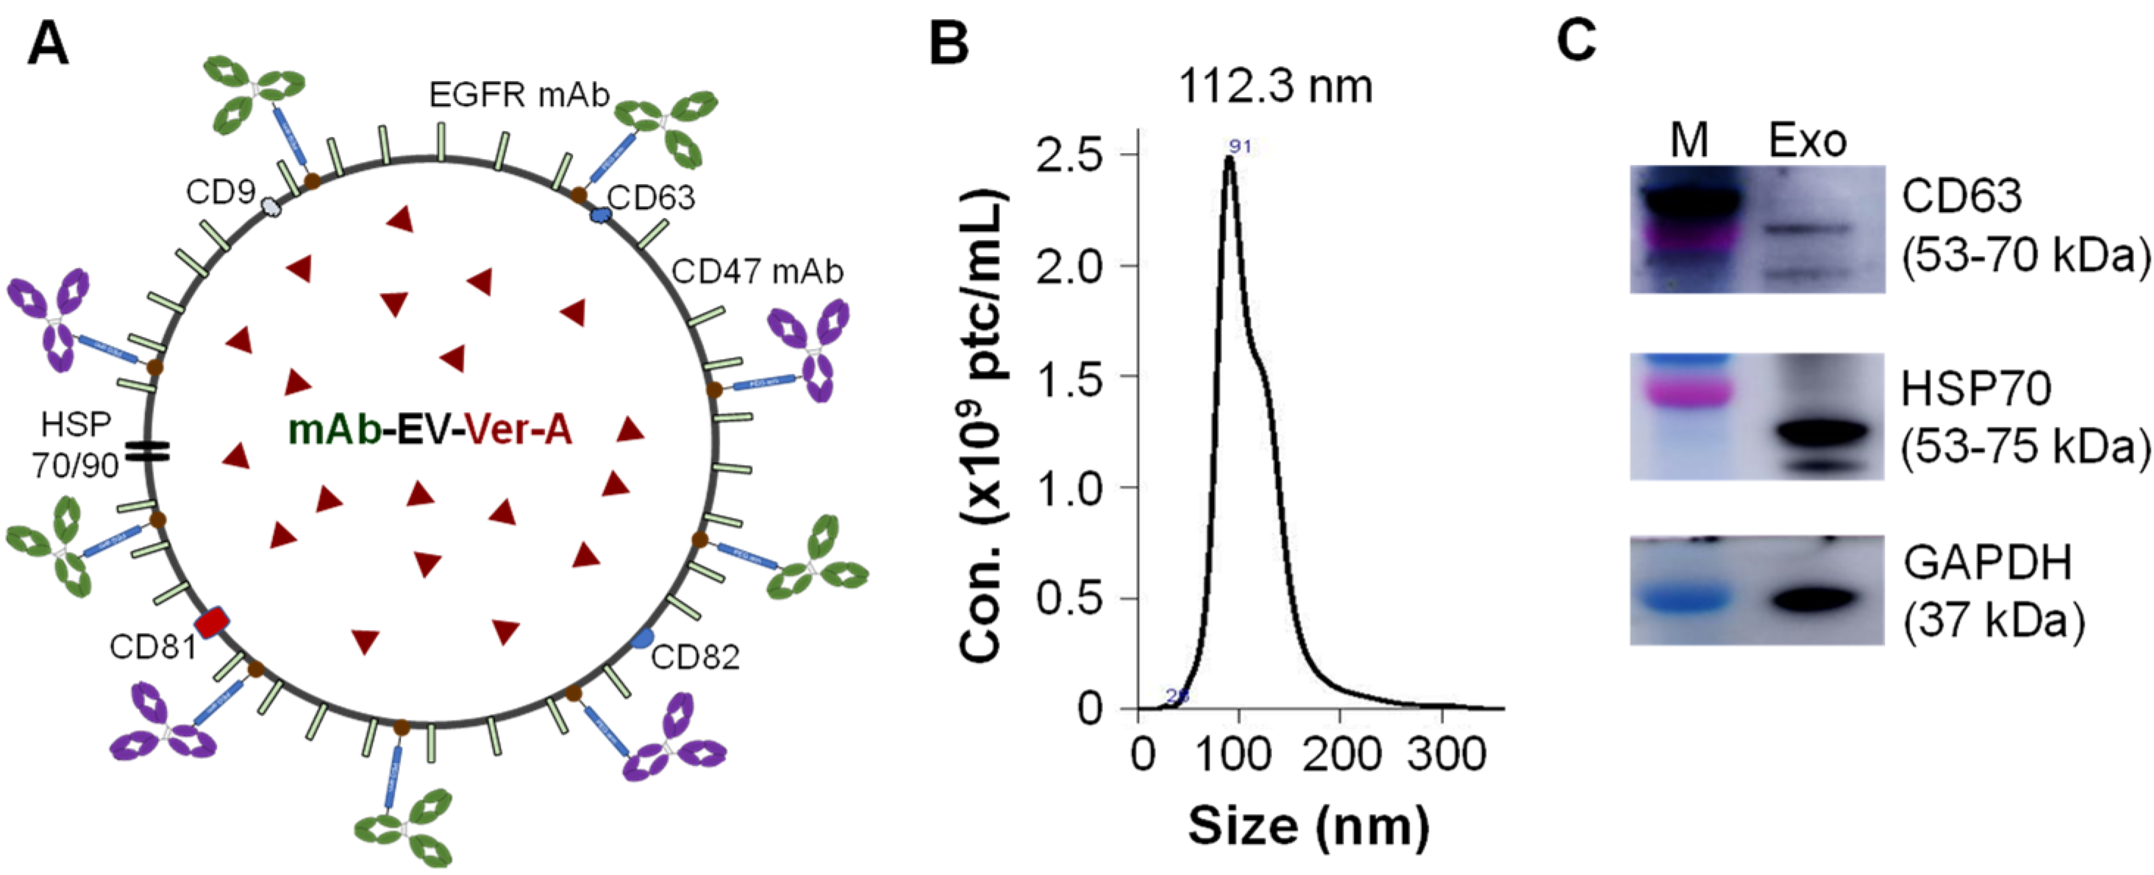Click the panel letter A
pyautogui.click(x=48, y=43)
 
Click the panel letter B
pyautogui.click(x=949, y=43)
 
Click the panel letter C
pyautogui.click(x=1577, y=40)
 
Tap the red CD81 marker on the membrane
pyautogui.click(x=211, y=623)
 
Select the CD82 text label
pyautogui.click(x=695, y=657)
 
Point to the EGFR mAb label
pyautogui.click(x=519, y=96)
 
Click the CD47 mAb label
pyautogui.click(x=757, y=271)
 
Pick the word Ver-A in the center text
pyautogui.click(x=518, y=430)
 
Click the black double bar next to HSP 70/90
pyautogui.click(x=147, y=452)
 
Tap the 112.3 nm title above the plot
pyautogui.click(x=1275, y=86)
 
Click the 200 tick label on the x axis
pyautogui.click(x=1341, y=754)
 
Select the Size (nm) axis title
pyautogui.click(x=1308, y=826)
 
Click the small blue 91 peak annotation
pyautogui.click(x=1240, y=146)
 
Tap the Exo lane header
pyautogui.click(x=1807, y=141)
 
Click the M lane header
pyautogui.click(x=1689, y=141)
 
